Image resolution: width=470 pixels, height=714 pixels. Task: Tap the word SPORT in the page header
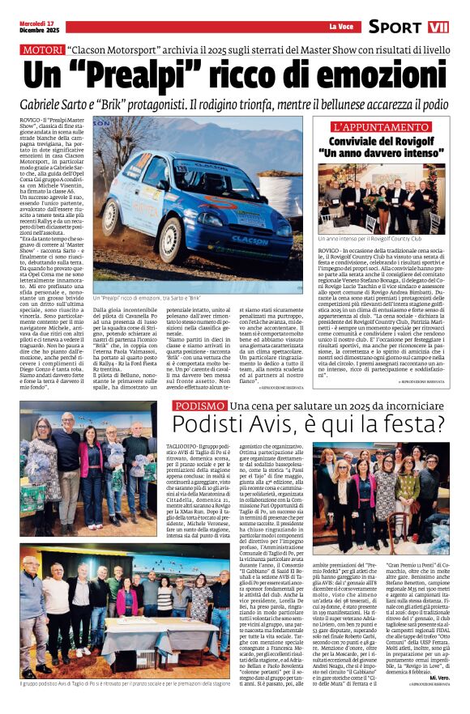coord(395,27)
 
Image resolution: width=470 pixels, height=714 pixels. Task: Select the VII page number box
coord(438,27)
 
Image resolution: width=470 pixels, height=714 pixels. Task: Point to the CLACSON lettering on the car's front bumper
coord(250,240)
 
